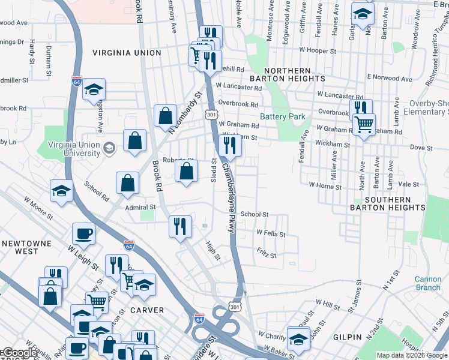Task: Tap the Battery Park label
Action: pyautogui.click(x=283, y=117)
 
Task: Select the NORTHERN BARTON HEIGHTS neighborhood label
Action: pyautogui.click(x=286, y=76)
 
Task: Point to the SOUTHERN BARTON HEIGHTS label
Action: pyautogui.click(x=388, y=203)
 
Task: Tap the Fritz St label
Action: pyautogui.click(x=266, y=255)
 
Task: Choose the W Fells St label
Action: pyautogui.click(x=271, y=232)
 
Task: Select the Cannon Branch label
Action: pyautogui.click(x=428, y=283)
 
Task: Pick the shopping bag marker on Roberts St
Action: pyautogui.click(x=187, y=171)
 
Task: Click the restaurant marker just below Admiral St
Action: pyautogui.click(x=179, y=226)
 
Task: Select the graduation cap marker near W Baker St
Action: pyautogui.click(x=298, y=338)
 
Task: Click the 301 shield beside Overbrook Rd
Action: pyautogui.click(x=210, y=113)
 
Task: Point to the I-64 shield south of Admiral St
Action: pyautogui.click(x=128, y=245)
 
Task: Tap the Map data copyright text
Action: pyautogui.click(x=412, y=355)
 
